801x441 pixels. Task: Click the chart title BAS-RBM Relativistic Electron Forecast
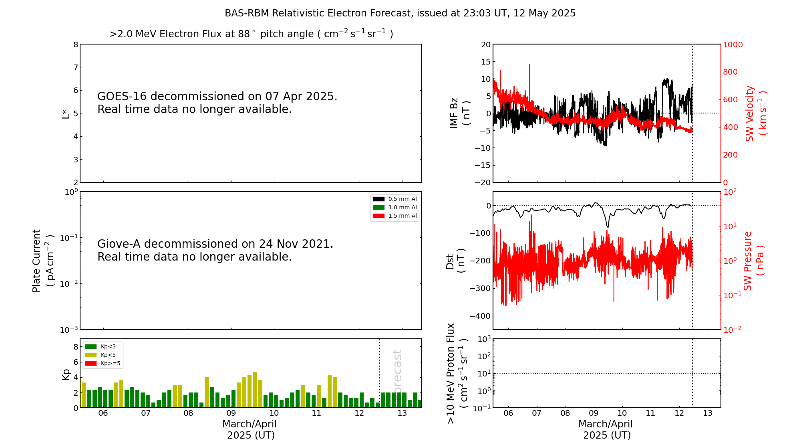point(400,13)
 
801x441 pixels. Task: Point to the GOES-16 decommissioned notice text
point(217,103)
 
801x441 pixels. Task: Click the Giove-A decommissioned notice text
point(215,250)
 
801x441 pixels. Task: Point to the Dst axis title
point(455,261)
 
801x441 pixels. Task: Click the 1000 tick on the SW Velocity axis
point(733,45)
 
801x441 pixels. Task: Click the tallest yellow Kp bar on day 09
point(255,390)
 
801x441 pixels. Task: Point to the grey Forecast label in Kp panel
point(397,373)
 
